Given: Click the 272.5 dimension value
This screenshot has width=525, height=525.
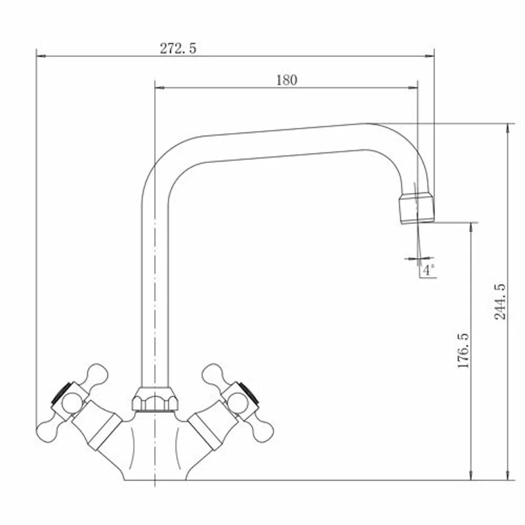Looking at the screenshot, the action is (178, 49).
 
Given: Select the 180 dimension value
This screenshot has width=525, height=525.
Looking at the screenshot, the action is (287, 80).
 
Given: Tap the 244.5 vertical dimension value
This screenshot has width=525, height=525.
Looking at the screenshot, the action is (500, 301).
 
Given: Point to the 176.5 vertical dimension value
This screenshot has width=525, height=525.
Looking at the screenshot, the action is (463, 350).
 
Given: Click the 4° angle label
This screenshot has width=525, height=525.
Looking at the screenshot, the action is (429, 270).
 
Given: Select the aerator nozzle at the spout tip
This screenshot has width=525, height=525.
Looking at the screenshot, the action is (417, 208).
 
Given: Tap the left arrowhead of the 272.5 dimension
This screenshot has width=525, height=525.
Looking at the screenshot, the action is (41, 56).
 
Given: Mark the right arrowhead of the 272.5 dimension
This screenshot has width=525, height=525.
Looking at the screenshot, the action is (430, 56).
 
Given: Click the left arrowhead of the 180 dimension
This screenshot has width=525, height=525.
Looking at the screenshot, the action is (159, 88).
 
